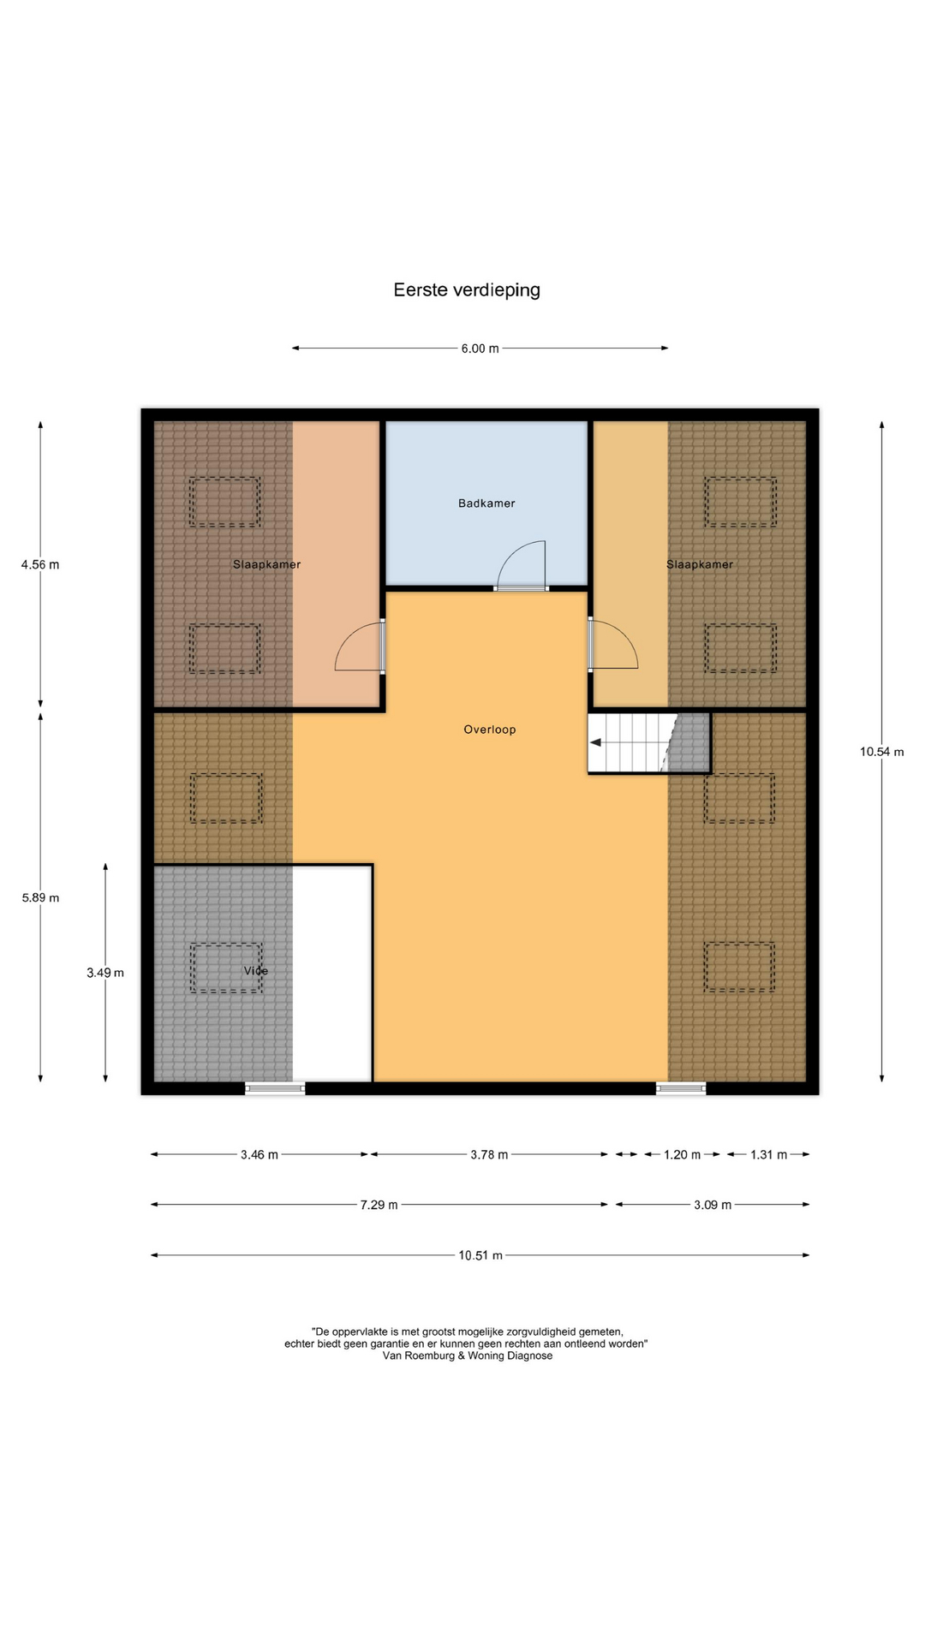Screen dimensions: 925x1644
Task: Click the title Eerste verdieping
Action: tap(467, 290)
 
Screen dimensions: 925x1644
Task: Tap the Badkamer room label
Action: tap(486, 503)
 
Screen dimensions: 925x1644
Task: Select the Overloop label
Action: tap(490, 730)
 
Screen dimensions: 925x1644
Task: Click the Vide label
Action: tap(256, 971)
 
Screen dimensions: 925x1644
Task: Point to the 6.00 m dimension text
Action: tap(480, 348)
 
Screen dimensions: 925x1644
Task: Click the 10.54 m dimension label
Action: tap(881, 752)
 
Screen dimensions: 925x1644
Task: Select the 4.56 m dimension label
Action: tap(40, 564)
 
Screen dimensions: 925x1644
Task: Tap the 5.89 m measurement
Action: tap(40, 897)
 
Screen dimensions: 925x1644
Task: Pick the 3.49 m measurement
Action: tap(105, 973)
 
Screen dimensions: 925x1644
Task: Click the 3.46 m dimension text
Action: tap(260, 1154)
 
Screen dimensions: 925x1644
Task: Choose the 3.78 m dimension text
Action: tap(489, 1154)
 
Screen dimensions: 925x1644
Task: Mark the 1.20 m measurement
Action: tap(682, 1154)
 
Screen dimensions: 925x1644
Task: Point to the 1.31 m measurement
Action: tap(768, 1154)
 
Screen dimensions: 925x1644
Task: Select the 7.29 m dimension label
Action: tap(379, 1205)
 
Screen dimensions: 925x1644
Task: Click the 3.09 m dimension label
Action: tap(713, 1205)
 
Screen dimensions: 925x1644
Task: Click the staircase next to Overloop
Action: tap(649, 742)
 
